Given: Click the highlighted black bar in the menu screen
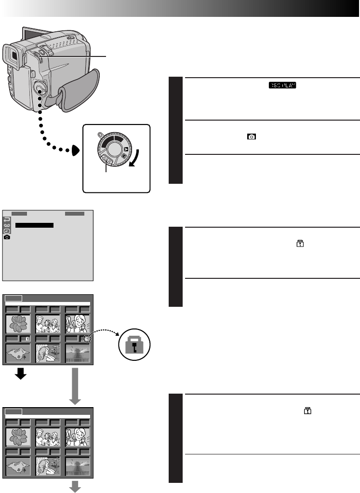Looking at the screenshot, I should [x=34, y=225].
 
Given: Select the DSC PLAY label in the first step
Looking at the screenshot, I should [x=283, y=85].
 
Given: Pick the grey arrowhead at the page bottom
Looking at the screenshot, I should [x=75, y=488].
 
